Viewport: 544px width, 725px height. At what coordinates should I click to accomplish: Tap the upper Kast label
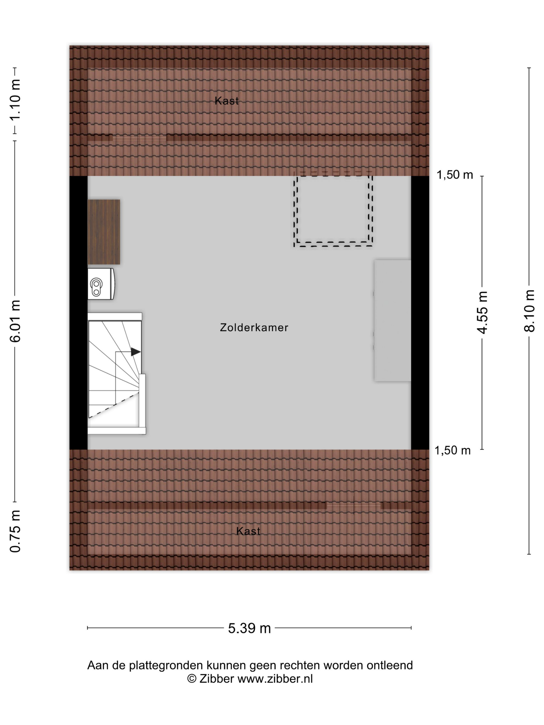226,101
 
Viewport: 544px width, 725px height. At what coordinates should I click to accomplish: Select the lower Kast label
248,531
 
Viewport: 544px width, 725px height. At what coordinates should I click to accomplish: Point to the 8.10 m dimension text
529,311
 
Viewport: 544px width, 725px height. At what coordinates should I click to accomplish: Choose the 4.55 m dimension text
482,312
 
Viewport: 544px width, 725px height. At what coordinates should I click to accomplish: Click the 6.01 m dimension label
15,321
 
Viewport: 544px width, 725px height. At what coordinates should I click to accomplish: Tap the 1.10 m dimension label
15,100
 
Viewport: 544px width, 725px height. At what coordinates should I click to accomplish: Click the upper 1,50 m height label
454,175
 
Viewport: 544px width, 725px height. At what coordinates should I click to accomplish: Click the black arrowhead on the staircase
135,352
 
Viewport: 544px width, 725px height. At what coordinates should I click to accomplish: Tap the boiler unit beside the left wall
101,284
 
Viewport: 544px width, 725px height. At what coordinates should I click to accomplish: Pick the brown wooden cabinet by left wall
104,232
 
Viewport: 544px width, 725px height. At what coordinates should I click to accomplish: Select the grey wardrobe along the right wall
392,321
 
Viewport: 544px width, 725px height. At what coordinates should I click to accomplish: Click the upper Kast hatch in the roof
139,138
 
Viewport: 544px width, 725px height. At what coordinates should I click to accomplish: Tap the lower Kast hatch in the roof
354,506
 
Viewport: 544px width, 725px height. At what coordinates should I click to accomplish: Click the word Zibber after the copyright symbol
216,678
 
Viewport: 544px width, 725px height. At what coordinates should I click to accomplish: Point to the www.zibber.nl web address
275,678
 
